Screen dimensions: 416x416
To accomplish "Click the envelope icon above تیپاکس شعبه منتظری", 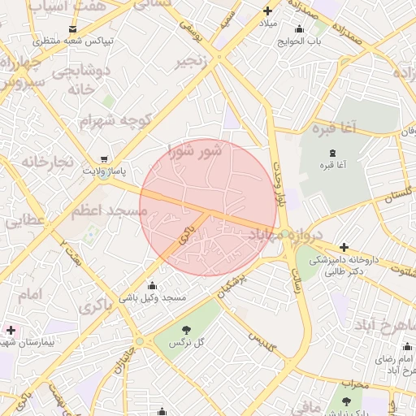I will tap(74, 29).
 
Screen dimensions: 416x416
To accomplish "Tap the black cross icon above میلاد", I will tap(267, 11).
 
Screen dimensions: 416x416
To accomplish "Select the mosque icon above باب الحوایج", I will tap(300, 29).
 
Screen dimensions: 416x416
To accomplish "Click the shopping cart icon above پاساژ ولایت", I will tap(103, 160).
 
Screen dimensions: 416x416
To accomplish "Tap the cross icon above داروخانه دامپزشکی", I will tap(344, 247).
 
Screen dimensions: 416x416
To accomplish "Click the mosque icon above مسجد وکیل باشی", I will tap(153, 286).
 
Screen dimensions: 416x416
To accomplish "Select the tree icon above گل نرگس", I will tap(186, 331).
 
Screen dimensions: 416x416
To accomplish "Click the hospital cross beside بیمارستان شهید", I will tap(10, 330).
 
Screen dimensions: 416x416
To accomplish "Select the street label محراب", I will tap(356, 383).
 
